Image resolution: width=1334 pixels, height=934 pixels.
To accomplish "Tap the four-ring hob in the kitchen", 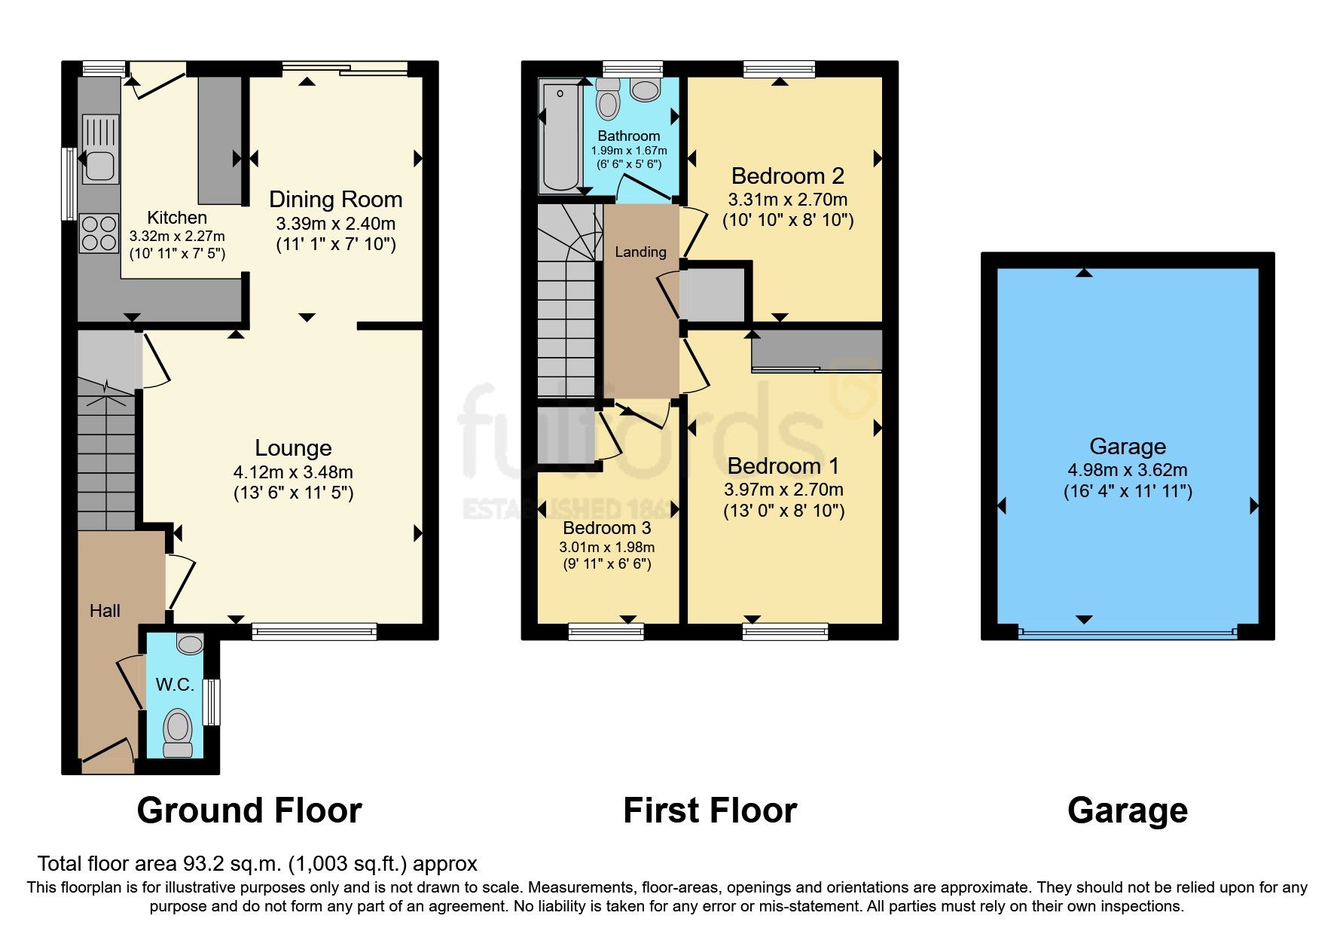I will click(x=99, y=233).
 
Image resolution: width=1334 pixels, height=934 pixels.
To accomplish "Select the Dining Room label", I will click(x=335, y=200).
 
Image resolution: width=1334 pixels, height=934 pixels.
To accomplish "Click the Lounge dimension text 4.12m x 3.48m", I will click(x=293, y=472).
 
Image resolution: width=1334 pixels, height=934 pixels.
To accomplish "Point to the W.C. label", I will click(x=175, y=685).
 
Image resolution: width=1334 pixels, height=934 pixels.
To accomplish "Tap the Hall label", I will click(x=105, y=611).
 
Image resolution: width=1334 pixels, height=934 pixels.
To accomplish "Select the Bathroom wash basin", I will click(x=645, y=91).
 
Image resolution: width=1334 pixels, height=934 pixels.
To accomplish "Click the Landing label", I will click(x=640, y=252).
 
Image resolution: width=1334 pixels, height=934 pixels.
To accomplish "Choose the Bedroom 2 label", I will click(x=787, y=176).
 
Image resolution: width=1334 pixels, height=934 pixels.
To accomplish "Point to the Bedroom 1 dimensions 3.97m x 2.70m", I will click(x=783, y=490).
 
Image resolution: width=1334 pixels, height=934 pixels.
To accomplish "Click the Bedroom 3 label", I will click(x=606, y=528).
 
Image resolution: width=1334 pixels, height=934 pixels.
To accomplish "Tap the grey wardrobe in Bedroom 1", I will click(x=817, y=350).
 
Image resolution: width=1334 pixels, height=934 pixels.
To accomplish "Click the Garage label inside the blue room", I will click(x=1127, y=447).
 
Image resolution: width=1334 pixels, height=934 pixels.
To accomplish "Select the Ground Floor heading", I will click(x=249, y=810).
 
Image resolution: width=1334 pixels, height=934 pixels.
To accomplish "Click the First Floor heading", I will click(x=710, y=810).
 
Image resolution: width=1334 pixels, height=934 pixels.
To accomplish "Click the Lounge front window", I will click(x=314, y=631).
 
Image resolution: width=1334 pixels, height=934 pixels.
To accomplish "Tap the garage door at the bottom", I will click(x=1127, y=633).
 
